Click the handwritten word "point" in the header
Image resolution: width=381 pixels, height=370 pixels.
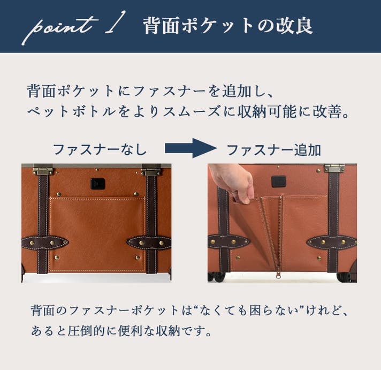(x=59, y=29)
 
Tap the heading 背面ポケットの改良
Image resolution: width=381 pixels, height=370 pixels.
(x=227, y=26)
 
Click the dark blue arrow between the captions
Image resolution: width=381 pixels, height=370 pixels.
(x=190, y=148)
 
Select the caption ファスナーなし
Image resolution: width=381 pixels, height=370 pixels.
(x=100, y=149)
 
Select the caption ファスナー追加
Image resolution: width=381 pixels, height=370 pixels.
(x=274, y=150)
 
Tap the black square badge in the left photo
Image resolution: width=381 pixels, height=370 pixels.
(x=98, y=184)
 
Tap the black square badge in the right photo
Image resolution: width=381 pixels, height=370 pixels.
(x=278, y=182)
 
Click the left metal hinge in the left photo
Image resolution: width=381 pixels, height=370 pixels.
(x=43, y=171)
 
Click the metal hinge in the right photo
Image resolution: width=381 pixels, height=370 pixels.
(x=334, y=168)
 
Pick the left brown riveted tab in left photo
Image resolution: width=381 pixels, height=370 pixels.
(x=45, y=243)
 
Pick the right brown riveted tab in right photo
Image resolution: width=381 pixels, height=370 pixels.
(x=331, y=242)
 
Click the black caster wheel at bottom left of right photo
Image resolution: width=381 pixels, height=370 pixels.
(x=216, y=276)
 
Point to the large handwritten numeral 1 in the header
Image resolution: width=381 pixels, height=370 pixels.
(x=116, y=22)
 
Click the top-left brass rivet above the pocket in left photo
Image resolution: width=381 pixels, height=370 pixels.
(x=58, y=194)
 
